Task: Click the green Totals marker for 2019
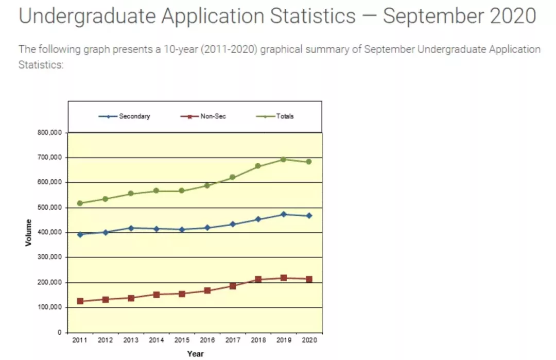click(283, 160)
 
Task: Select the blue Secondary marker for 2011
click(80, 234)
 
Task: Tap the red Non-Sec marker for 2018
click(258, 280)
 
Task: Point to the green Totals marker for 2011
click(80, 203)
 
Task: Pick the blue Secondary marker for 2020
click(309, 216)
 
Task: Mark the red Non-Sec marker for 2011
click(80, 301)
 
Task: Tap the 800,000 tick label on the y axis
click(49, 133)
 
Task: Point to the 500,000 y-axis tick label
click(49, 208)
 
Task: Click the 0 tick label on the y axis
click(59, 333)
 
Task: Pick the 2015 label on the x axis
click(181, 341)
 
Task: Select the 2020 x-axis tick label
click(309, 341)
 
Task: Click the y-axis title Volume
click(28, 232)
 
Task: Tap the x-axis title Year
click(195, 354)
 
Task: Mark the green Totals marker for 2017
click(232, 177)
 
